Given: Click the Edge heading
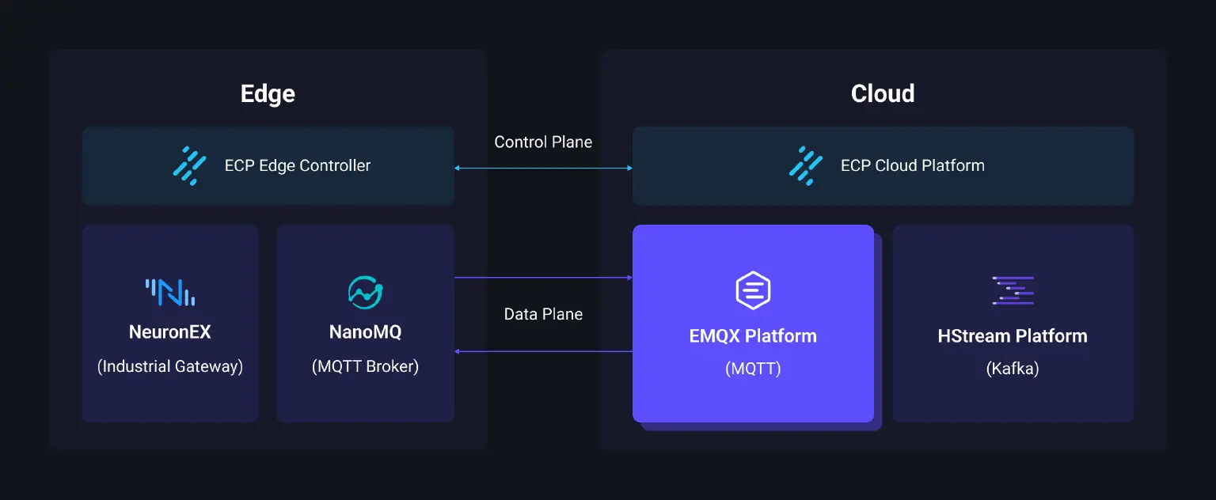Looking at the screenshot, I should (268, 94).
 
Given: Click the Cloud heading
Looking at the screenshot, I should (883, 94).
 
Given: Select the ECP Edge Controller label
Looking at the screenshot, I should (298, 166).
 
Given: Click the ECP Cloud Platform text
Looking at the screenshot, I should (912, 166).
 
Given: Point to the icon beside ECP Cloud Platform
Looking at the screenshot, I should (806, 165).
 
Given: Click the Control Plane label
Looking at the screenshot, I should (543, 142).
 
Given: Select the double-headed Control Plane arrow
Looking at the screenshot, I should (543, 168).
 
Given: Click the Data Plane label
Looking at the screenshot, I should (543, 314).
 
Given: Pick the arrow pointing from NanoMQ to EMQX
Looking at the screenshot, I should (543, 278).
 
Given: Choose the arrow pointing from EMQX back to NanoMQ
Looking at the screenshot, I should (543, 351).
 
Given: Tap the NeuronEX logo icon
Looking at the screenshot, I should (170, 292).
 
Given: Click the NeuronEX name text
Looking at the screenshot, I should (170, 332).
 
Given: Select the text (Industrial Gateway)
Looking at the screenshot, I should (170, 367).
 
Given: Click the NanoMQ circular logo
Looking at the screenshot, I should (366, 292).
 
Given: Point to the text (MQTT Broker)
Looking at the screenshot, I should (366, 367).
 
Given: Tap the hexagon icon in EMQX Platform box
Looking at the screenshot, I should (753, 290).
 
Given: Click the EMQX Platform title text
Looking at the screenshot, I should (753, 336).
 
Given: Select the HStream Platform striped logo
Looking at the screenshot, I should (1013, 290).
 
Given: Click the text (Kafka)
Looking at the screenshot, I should (1013, 369).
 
